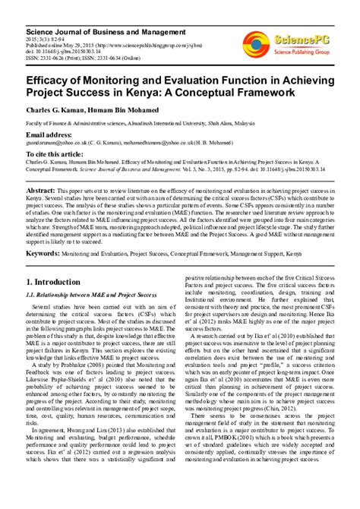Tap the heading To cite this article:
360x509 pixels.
[x=56, y=154]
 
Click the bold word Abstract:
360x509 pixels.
[x=41, y=190]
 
